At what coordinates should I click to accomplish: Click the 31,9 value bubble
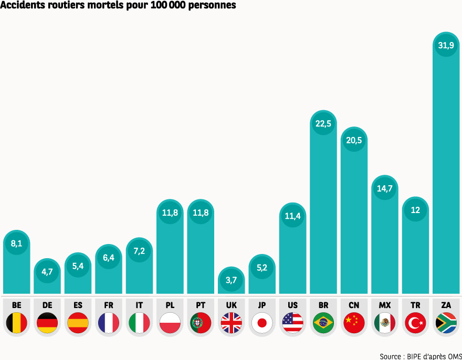[446, 46]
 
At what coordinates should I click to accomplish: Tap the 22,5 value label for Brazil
[323, 124]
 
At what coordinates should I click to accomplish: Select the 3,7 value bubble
[232, 280]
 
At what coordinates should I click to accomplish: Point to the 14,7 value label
[385, 188]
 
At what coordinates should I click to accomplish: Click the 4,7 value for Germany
[47, 271]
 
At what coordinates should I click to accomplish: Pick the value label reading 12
[415, 210]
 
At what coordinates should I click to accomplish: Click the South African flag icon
[446, 323]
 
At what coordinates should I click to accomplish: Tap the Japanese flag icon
[262, 323]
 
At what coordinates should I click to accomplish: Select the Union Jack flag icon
[232, 323]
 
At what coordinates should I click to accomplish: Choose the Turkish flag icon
[415, 323]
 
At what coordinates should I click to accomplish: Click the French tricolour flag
[109, 323]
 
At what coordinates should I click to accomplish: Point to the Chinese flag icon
[354, 323]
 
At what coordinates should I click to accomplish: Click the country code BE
[17, 305]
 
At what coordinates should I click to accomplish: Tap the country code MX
[385, 305]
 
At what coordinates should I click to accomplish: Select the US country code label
[292, 305]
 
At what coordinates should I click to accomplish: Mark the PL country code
[170, 305]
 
